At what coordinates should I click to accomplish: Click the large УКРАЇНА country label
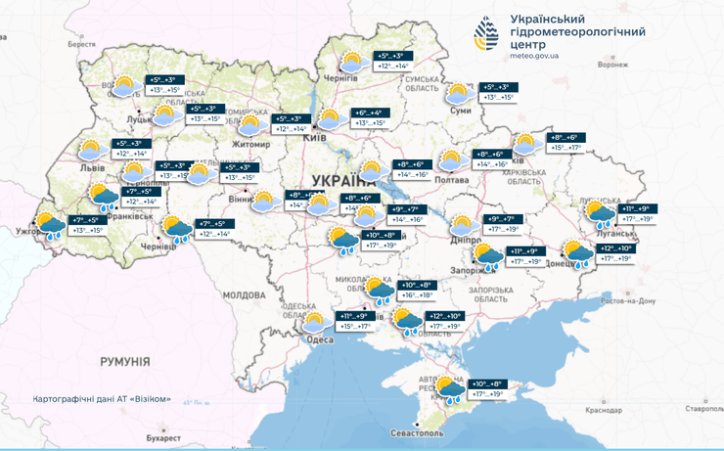[x=345, y=180]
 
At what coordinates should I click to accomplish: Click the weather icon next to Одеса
[x=314, y=322]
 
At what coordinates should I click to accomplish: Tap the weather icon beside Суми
[x=457, y=95]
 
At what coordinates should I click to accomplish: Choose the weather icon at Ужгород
[x=47, y=226]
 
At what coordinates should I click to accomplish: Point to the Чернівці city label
[x=157, y=248]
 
